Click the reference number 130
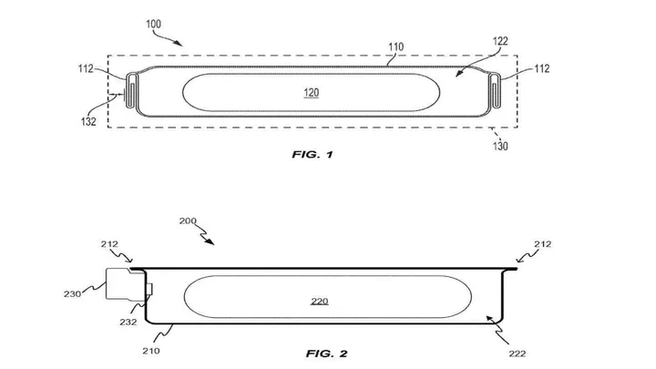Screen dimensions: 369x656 click(500, 146)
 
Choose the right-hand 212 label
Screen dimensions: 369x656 click(544, 243)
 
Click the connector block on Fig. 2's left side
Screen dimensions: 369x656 click(125, 284)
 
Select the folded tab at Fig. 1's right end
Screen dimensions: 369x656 click(495, 92)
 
